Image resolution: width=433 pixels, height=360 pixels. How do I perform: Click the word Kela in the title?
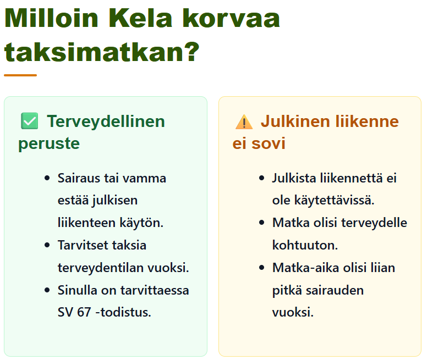pos(140,18)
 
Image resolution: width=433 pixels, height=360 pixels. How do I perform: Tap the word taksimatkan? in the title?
pos(102,52)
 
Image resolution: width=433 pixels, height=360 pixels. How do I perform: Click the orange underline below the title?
pos(20,75)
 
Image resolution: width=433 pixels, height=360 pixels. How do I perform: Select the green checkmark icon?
pos(30,121)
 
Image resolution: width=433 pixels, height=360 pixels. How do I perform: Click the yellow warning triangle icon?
pos(244,122)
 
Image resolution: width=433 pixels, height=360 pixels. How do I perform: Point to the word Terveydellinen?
pos(106,121)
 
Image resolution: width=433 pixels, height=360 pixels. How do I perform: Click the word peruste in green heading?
pos(49,143)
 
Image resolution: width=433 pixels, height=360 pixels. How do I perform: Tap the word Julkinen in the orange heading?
pos(296,121)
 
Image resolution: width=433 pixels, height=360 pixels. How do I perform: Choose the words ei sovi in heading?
pos(259,143)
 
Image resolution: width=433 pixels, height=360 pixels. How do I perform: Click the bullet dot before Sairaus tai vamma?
pos(47,178)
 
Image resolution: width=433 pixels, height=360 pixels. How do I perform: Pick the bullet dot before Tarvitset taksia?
pos(47,245)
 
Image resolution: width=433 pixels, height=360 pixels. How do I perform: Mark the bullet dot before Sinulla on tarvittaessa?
pos(47,290)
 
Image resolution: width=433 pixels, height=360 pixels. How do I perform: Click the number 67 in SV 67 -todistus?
pos(84,313)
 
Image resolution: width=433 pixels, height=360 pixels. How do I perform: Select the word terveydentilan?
pos(101,268)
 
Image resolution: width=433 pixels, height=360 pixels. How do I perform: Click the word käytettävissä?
pos(334,200)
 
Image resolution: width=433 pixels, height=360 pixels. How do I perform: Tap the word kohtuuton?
pos(305,245)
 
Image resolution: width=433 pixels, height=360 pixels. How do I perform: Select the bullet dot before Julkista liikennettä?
pos(262,178)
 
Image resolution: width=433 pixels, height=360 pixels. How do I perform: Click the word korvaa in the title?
pos(231,18)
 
